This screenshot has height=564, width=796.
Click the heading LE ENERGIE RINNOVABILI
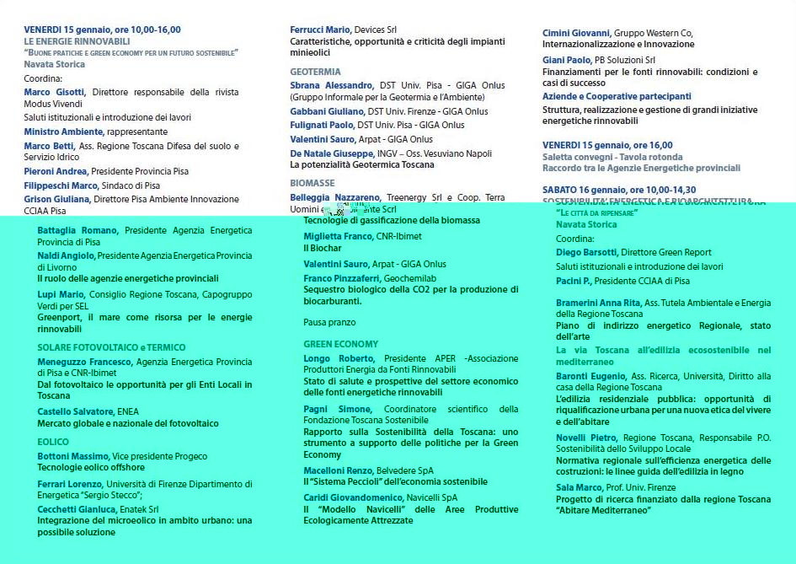77,40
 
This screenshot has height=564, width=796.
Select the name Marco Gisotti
55,92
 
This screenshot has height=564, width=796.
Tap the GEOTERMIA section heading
315,72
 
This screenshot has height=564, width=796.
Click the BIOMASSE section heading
313,182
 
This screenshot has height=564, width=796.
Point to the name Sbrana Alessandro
332,85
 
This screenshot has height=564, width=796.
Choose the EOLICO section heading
53,442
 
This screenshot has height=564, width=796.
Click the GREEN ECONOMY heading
341,344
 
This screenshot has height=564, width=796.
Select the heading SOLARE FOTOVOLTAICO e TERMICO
111,347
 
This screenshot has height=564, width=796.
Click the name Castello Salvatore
75,411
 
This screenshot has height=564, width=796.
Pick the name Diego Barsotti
587,252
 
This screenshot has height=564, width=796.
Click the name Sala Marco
579,487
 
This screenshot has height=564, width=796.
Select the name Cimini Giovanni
576,33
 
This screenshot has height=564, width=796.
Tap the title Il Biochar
323,249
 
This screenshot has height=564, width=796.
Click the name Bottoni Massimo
72,456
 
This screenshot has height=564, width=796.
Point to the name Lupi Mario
61,294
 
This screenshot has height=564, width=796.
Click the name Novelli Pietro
586,438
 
